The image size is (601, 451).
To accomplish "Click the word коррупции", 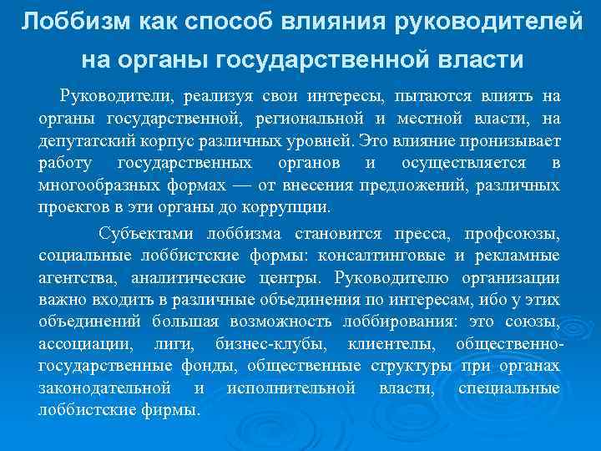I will click(294, 205).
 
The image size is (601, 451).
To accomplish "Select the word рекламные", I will click(519, 255).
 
